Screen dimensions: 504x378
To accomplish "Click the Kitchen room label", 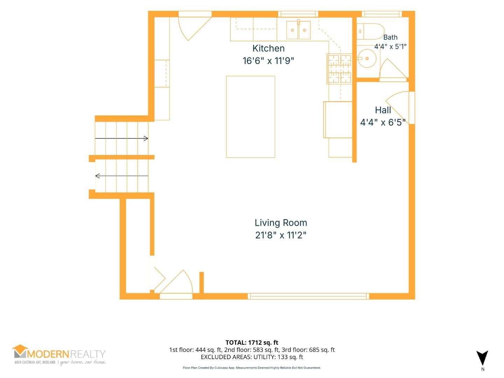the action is pos(268,48).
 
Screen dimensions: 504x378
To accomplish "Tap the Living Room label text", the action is pos(281,223).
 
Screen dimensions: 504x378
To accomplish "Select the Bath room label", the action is pos(390,37).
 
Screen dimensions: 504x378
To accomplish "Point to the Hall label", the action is pos(383,110).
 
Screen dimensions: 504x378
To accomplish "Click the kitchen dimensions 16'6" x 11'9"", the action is pos(268,61).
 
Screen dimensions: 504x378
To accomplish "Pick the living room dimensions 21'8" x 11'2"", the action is pos(281,235).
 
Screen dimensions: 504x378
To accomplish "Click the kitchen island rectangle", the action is pos(251,117).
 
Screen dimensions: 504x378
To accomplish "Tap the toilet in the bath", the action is pos(370,31).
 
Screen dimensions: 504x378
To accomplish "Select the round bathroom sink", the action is pos(367,58).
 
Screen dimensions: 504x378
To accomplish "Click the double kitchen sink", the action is pos(298,30).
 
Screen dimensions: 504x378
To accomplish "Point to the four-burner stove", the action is pos(339,69).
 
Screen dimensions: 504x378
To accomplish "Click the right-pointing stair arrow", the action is pos(121,138).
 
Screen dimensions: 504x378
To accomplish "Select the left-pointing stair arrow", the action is pos(122,176).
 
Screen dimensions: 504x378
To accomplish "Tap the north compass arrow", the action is pos(482,358).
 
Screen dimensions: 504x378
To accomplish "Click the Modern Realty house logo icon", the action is pos(20,351).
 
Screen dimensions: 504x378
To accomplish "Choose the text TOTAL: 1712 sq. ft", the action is pos(252,342).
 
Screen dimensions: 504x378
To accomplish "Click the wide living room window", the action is pos(308,296).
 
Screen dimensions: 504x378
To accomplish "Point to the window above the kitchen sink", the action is pos(298,14).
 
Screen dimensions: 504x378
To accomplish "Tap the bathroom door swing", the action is pos(393,69).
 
